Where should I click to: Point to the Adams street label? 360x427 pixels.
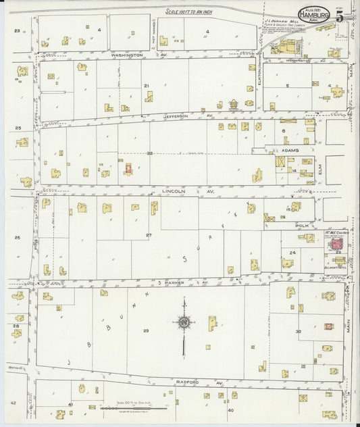click(291, 150)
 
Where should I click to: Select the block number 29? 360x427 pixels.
click(146, 330)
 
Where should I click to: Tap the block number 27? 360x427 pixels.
click(149, 234)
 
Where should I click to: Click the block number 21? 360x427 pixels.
click(147, 86)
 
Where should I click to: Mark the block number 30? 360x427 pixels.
click(298, 331)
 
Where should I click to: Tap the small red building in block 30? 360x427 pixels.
click(328, 326)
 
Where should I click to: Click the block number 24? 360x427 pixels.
click(292, 252)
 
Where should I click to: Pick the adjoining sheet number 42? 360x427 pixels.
click(13, 403)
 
